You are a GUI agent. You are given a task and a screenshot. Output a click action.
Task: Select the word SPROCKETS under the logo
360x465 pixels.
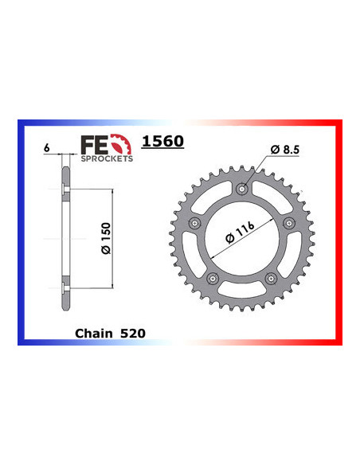pos(106,158)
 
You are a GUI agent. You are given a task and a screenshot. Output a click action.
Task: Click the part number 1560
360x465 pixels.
pos(162,143)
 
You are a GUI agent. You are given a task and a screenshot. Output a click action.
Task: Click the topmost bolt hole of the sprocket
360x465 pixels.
pos(243,189)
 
